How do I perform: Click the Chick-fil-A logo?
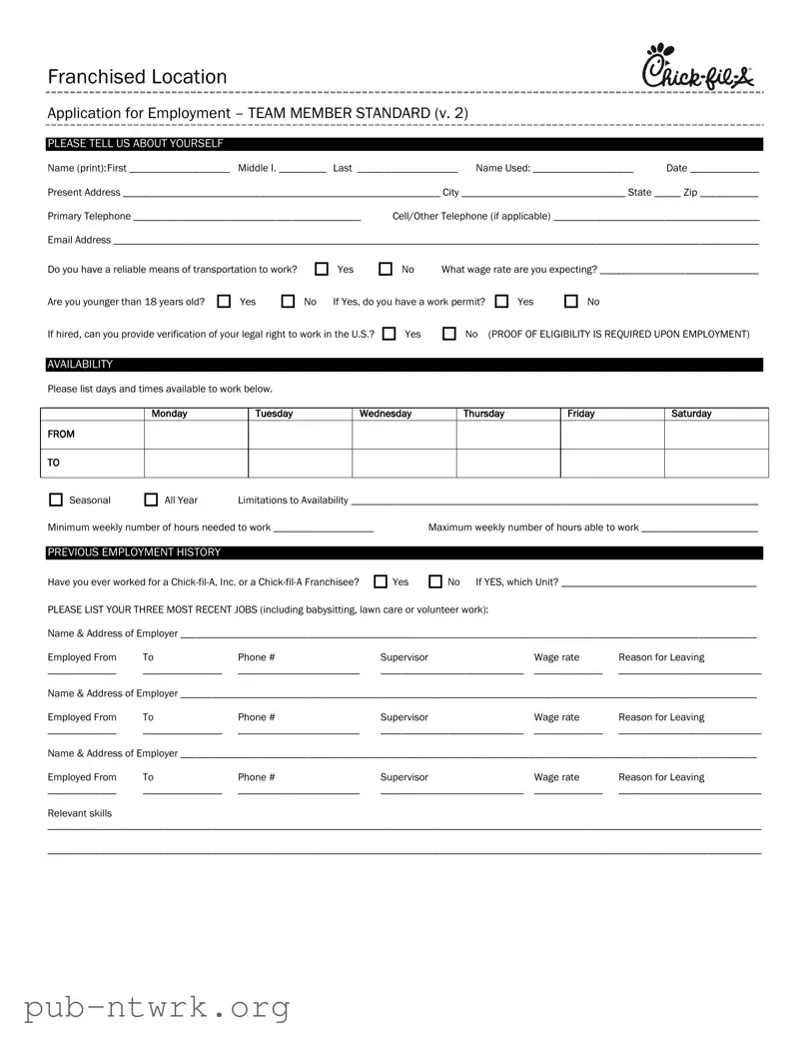698,68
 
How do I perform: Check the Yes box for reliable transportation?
322,269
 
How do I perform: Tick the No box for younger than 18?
288,301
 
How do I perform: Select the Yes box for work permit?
501,301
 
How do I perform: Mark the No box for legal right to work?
449,334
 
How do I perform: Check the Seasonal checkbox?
56,500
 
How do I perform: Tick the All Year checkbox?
152,500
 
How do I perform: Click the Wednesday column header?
386,414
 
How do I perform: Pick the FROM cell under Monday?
196,435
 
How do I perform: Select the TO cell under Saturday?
716,464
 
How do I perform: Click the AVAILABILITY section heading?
80,365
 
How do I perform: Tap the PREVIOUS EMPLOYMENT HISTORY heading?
134,552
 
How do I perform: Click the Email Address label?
79,240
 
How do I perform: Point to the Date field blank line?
724,170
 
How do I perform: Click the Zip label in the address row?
690,192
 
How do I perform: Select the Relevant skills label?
80,813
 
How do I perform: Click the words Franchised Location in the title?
137,77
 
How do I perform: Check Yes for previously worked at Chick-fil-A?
381,581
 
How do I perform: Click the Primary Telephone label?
89,216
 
